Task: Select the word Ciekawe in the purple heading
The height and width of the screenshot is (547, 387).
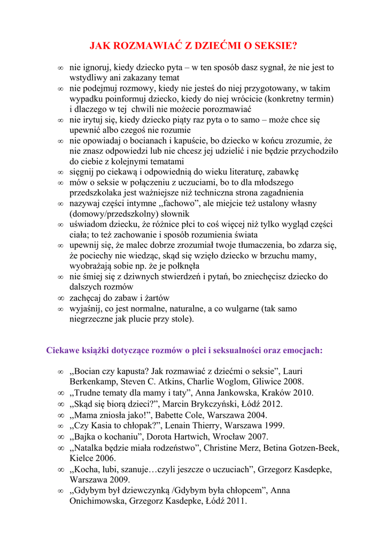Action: coord(63,350)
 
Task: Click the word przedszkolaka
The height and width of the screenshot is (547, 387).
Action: coord(96,192)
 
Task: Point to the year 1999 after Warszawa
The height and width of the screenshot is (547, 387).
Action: coord(274,425)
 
